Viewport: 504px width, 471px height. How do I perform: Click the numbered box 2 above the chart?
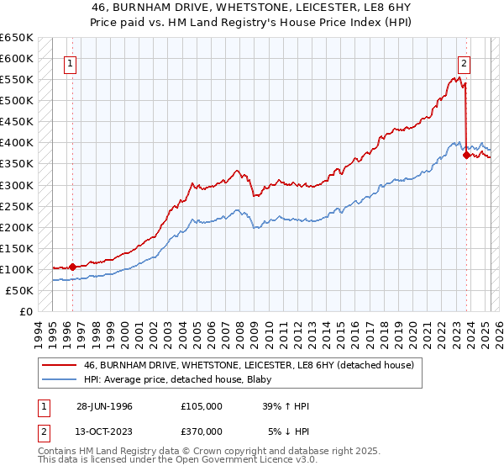click(464, 61)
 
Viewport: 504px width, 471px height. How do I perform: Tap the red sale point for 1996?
click(73, 267)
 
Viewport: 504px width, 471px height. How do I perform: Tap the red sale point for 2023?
click(466, 155)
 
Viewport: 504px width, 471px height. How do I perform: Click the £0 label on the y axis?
click(25, 311)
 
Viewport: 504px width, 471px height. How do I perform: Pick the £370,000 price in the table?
click(202, 431)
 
